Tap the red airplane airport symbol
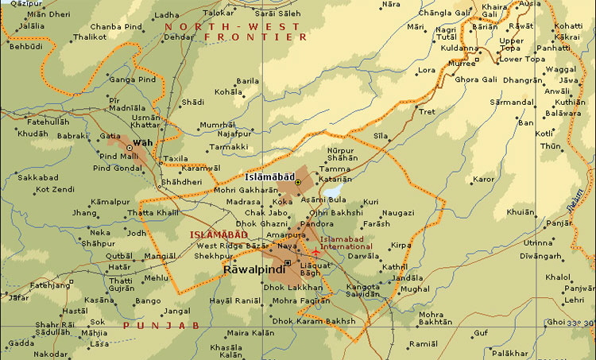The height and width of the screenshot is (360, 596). pos(315,253)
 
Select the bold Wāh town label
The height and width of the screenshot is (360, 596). pos(142,143)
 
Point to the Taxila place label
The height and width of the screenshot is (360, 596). pos(176,158)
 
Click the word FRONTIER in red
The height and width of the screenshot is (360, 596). pos(254,37)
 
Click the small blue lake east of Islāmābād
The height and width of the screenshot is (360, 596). pos(331,192)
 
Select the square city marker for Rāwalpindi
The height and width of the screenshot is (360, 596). pos(287,263)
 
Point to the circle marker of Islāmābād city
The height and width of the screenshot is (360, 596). pos(298,183)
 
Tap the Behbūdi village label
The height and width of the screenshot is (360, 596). pos(25,48)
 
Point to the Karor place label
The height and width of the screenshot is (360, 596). pos(483,180)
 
